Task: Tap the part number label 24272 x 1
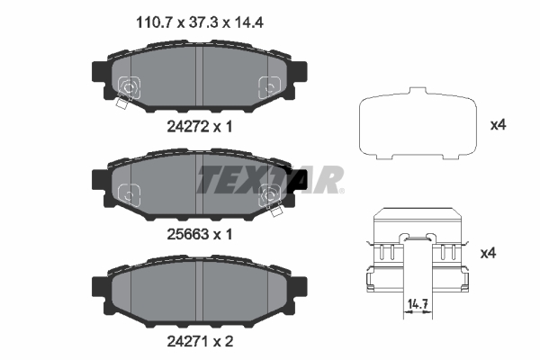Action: [x=200, y=128]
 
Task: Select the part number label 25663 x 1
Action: [x=200, y=233]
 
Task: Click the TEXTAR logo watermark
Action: [x=270, y=179]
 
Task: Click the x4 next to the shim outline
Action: [x=498, y=125]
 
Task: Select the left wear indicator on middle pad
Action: [x=129, y=193]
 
